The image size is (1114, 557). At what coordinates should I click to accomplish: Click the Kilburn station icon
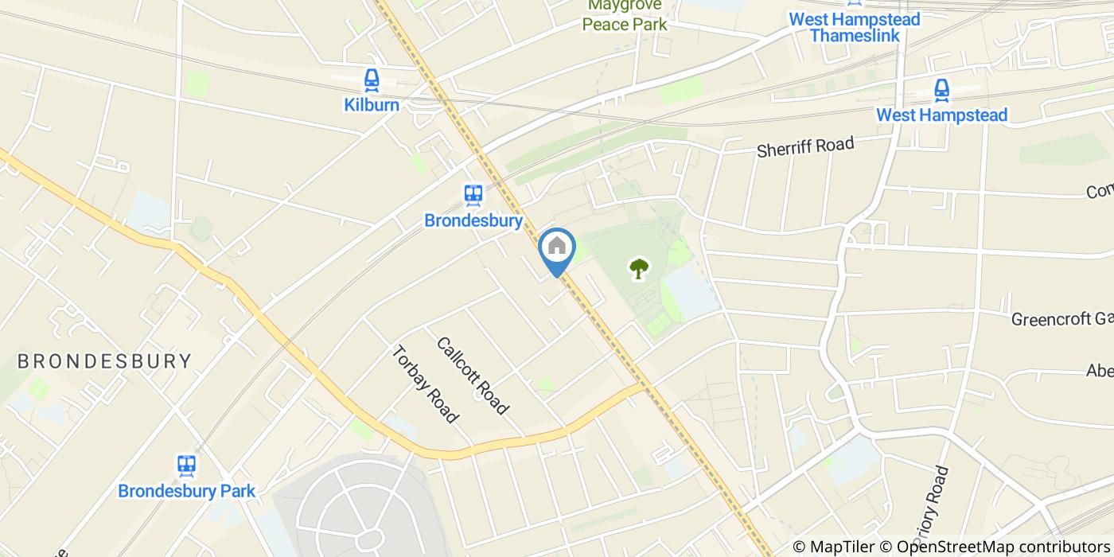(x=371, y=80)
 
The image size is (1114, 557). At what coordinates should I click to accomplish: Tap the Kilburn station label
(x=371, y=104)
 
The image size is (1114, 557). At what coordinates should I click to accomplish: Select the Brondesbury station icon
(x=473, y=195)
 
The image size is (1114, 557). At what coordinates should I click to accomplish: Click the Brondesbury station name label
(x=473, y=220)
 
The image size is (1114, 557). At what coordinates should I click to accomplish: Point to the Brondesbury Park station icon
(x=186, y=465)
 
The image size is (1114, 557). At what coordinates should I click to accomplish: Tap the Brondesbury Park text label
(x=186, y=490)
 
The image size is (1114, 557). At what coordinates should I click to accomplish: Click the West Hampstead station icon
(x=941, y=89)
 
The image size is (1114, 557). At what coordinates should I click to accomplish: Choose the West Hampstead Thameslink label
(x=854, y=27)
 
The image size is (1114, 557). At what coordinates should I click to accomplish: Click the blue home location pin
(x=557, y=248)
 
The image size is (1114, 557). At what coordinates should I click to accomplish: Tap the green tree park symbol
(x=637, y=269)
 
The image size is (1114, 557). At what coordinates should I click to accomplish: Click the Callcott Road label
(x=472, y=376)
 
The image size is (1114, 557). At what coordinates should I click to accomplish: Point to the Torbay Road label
(x=425, y=384)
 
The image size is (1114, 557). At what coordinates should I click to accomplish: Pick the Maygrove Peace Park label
(x=625, y=15)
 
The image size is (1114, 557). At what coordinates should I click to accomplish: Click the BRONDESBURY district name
(x=104, y=361)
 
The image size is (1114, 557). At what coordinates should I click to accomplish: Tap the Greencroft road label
(x=1061, y=319)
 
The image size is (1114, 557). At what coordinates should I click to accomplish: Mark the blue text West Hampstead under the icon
(x=941, y=115)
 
